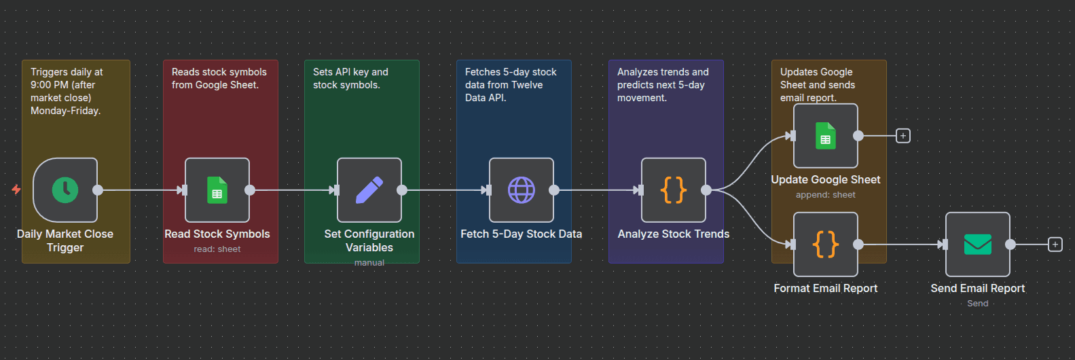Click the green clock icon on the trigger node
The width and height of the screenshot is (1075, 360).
(65, 190)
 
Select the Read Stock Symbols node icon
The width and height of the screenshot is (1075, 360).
(217, 190)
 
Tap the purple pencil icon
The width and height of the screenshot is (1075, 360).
(369, 190)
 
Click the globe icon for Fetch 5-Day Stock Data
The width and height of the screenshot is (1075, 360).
(522, 190)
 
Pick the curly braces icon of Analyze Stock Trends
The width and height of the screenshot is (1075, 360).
(674, 190)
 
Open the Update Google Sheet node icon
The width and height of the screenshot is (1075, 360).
(826, 136)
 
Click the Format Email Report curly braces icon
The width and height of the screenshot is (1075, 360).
(826, 245)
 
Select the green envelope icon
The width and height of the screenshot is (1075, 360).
(978, 245)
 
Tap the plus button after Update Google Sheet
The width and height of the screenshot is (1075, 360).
(903, 136)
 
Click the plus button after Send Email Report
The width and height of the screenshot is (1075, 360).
(1055, 245)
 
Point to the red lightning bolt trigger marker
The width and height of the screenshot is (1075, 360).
(16, 190)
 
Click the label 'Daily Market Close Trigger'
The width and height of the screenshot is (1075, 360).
(65, 240)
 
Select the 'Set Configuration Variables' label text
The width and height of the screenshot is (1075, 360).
(369, 240)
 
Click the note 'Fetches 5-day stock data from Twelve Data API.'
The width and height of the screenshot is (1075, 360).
(511, 85)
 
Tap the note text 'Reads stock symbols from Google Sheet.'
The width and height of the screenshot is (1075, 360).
(219, 78)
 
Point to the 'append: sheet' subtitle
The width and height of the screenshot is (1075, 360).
(826, 195)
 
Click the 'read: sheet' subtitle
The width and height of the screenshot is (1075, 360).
(217, 249)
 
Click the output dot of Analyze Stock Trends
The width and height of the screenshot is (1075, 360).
(706, 190)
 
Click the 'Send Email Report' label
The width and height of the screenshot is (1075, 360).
(978, 289)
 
